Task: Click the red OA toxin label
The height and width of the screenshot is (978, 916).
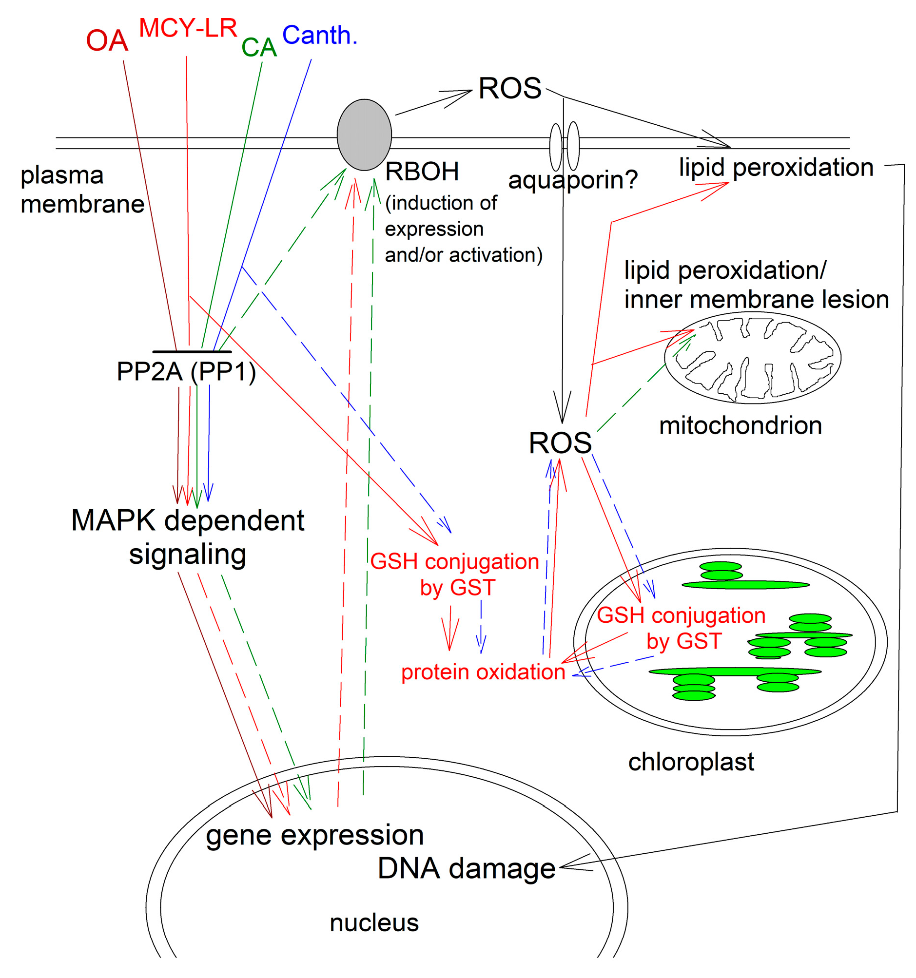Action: click(107, 40)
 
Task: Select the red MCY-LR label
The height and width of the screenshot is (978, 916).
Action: click(188, 28)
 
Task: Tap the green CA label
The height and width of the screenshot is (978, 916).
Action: click(259, 48)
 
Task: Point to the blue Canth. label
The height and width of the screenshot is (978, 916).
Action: click(319, 36)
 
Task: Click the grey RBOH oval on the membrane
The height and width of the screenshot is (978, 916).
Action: click(364, 135)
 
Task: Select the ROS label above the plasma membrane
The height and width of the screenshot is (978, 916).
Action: click(509, 89)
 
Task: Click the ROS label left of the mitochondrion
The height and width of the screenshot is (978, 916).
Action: click(560, 443)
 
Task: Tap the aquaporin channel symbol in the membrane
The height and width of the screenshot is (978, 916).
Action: click(564, 146)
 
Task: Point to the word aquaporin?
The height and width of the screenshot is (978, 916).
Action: click(572, 179)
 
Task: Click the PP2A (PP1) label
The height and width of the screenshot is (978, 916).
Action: click(186, 371)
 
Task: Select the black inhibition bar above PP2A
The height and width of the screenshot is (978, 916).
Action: click(192, 352)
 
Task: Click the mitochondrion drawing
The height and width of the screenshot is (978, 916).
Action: click(752, 358)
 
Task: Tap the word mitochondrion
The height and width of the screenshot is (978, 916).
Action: click(740, 425)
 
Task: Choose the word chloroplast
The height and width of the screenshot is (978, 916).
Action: click(691, 762)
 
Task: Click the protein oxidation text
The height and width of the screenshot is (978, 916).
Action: click(482, 672)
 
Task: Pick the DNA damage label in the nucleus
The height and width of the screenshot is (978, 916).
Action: click(466, 868)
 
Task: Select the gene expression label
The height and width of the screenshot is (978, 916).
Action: click(314, 835)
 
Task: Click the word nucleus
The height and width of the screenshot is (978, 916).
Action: click(373, 922)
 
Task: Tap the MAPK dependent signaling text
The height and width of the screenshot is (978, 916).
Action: click(188, 537)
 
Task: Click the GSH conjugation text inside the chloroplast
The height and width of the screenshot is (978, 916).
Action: click(681, 628)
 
